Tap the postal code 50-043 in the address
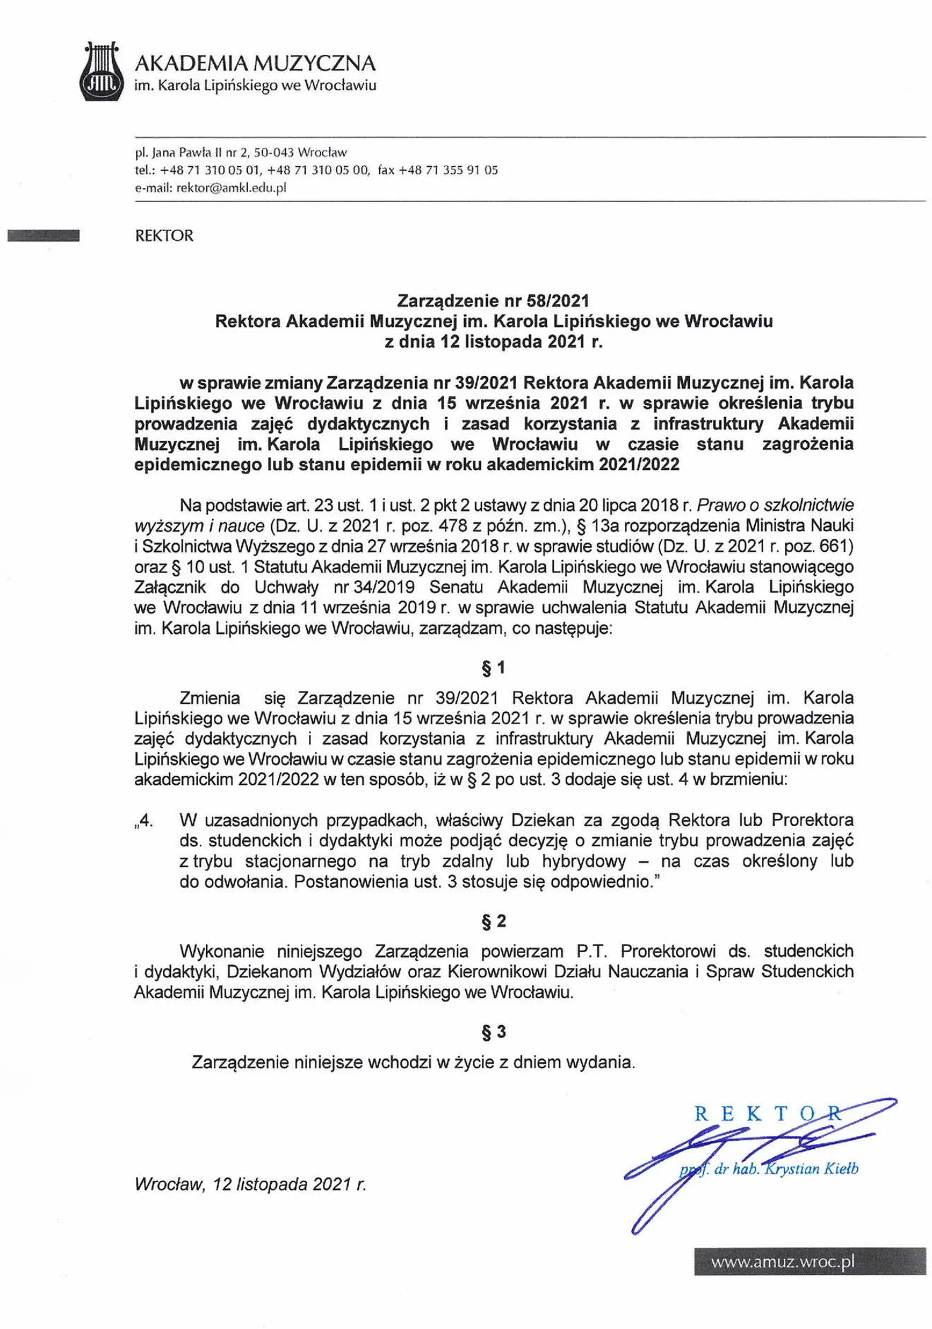[x=274, y=152]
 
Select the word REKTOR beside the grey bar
[x=164, y=236]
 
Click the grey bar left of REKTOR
[x=44, y=236]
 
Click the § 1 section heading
[x=494, y=668]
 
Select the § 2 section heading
[x=494, y=921]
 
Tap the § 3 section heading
[x=494, y=1032]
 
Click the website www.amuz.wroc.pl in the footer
[x=782, y=1261]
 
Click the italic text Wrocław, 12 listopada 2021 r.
[x=251, y=1184]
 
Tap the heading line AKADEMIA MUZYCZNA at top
[x=255, y=64]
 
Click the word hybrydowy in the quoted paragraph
[x=584, y=861]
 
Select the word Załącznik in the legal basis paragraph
[x=170, y=587]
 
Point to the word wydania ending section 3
[x=602, y=1062]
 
